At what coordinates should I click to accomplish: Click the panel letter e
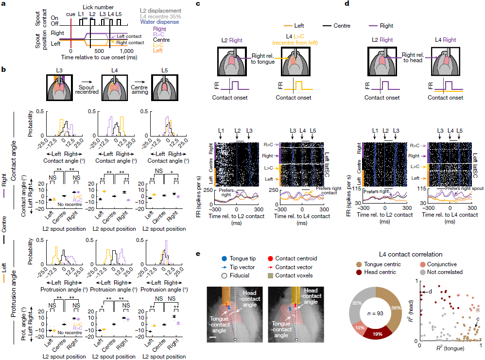tap(197, 254)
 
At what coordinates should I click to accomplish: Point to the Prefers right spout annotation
tap(458, 188)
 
